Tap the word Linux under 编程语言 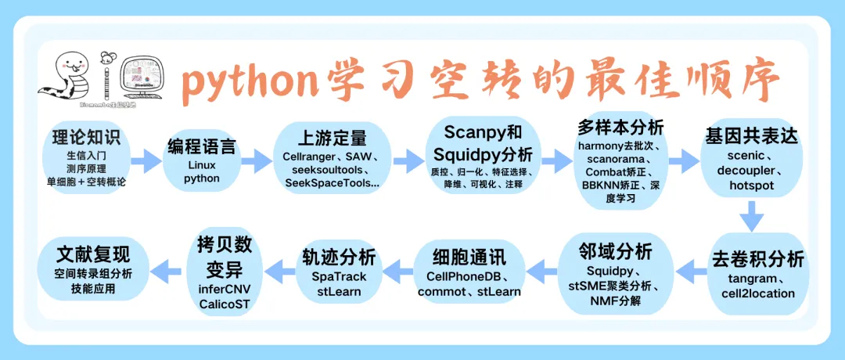pos(201,165)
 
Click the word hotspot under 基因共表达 pos(751,185)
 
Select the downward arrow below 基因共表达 pos(752,216)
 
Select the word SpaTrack pos(339,276)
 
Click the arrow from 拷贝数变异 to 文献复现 pos(163,272)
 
